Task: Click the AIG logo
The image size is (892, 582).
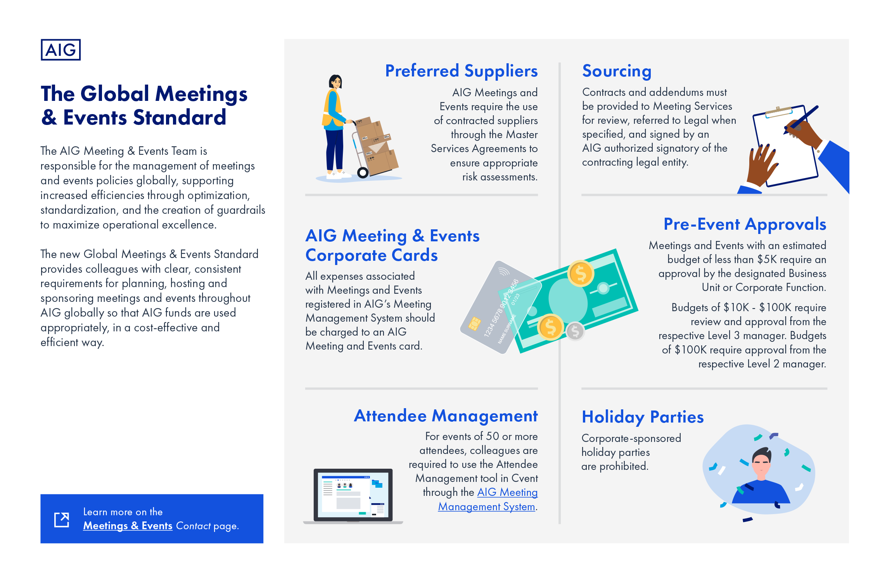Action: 61,50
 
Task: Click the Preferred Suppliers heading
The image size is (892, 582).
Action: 461,71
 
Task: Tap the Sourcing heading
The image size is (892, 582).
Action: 617,71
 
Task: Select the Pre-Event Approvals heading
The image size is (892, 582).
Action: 745,224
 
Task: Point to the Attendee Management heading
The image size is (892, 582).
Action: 446,416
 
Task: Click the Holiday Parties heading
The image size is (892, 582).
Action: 643,417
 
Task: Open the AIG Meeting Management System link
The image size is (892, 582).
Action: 488,499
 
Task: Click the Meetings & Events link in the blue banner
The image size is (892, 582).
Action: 128,526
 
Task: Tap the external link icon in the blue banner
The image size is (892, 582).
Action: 62,520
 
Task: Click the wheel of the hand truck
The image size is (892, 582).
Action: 363,172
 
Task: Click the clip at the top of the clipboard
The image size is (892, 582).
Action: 778,112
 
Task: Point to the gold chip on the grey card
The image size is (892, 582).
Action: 474,324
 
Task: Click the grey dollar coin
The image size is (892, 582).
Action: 575,331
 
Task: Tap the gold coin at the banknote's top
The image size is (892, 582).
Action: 581,274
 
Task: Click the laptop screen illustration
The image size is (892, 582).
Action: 353,495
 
